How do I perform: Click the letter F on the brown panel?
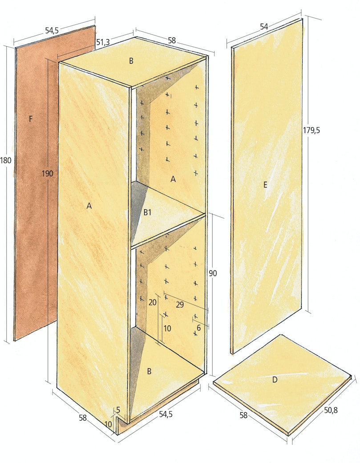pos(31,119)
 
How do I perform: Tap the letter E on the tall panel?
pos(265,185)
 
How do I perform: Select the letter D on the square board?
pos(275,380)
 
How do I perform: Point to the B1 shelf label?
pos(147,212)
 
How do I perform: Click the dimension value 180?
pos(6,160)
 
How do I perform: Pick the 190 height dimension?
pos(47,173)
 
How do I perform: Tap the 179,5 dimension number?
pos(311,130)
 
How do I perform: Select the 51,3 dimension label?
pos(103,43)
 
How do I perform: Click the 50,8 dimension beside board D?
pos(331,410)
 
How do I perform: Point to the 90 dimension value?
pos(213,273)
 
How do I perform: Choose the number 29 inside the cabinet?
pos(180,305)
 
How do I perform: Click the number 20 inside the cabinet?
pos(153,303)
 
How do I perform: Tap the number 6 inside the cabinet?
pos(198,328)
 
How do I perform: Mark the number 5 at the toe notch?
pos(118,410)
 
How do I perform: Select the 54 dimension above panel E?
pos(264,27)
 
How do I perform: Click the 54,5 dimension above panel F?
pos(52,30)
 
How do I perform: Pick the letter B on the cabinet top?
pos(131,61)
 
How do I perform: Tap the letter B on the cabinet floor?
pos(150,371)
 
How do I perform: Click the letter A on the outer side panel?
pos(89,206)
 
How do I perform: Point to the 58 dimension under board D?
pos(243,415)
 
